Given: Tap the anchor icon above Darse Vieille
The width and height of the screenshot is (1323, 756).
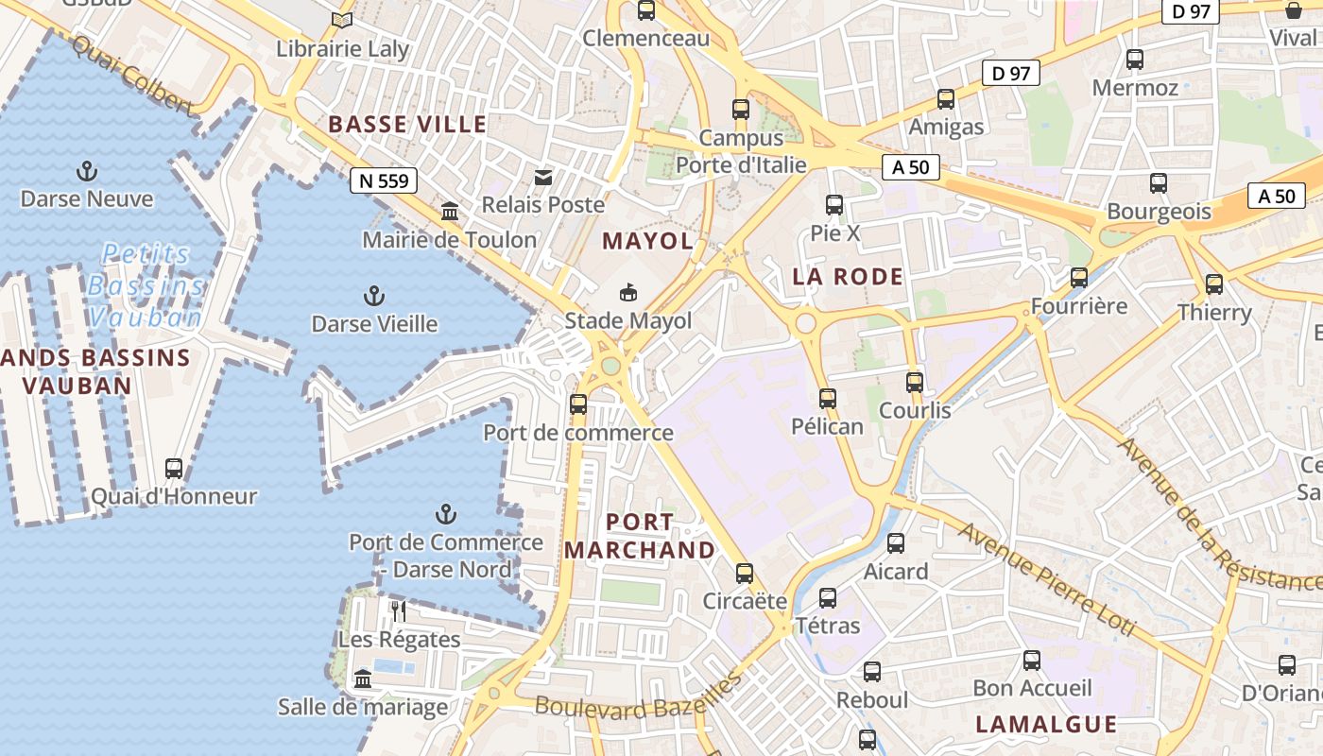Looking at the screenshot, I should pyautogui.click(x=374, y=296).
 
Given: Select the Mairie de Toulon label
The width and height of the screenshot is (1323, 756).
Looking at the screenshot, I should pyautogui.click(x=450, y=239).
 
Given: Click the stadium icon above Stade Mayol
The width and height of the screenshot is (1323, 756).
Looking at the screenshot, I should pyautogui.click(x=628, y=293).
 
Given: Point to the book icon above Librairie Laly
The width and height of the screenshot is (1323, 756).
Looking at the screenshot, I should pyautogui.click(x=342, y=20).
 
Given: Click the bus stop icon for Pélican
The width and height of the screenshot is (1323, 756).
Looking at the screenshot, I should pyautogui.click(x=828, y=398).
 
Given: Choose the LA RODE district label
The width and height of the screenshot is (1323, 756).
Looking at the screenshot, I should pyautogui.click(x=848, y=277).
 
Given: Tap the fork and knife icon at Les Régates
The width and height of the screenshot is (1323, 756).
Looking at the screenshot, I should pyautogui.click(x=399, y=611).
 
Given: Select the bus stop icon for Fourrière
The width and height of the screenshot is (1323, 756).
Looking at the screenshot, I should pyautogui.click(x=1079, y=278).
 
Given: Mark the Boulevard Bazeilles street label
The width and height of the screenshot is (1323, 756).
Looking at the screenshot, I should pyautogui.click(x=638, y=701).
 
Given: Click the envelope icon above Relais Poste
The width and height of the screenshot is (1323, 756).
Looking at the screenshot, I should pyautogui.click(x=543, y=177).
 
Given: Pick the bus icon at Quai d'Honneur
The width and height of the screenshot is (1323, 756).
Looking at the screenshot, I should pyautogui.click(x=174, y=468).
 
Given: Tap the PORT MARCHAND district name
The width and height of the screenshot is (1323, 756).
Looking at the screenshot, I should pyautogui.click(x=640, y=536).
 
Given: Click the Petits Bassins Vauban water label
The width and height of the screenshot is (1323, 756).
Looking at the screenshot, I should pyautogui.click(x=146, y=284).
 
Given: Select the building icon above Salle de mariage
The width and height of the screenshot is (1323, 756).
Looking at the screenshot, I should pyautogui.click(x=363, y=679).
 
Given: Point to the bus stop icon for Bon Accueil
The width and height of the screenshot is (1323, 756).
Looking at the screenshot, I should pyautogui.click(x=1032, y=660).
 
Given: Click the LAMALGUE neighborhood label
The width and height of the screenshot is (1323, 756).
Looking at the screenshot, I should pyautogui.click(x=1045, y=725).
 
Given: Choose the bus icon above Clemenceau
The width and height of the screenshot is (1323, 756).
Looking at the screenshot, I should pyautogui.click(x=646, y=10).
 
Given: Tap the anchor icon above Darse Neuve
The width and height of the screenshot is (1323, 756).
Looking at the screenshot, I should pyautogui.click(x=87, y=171).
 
